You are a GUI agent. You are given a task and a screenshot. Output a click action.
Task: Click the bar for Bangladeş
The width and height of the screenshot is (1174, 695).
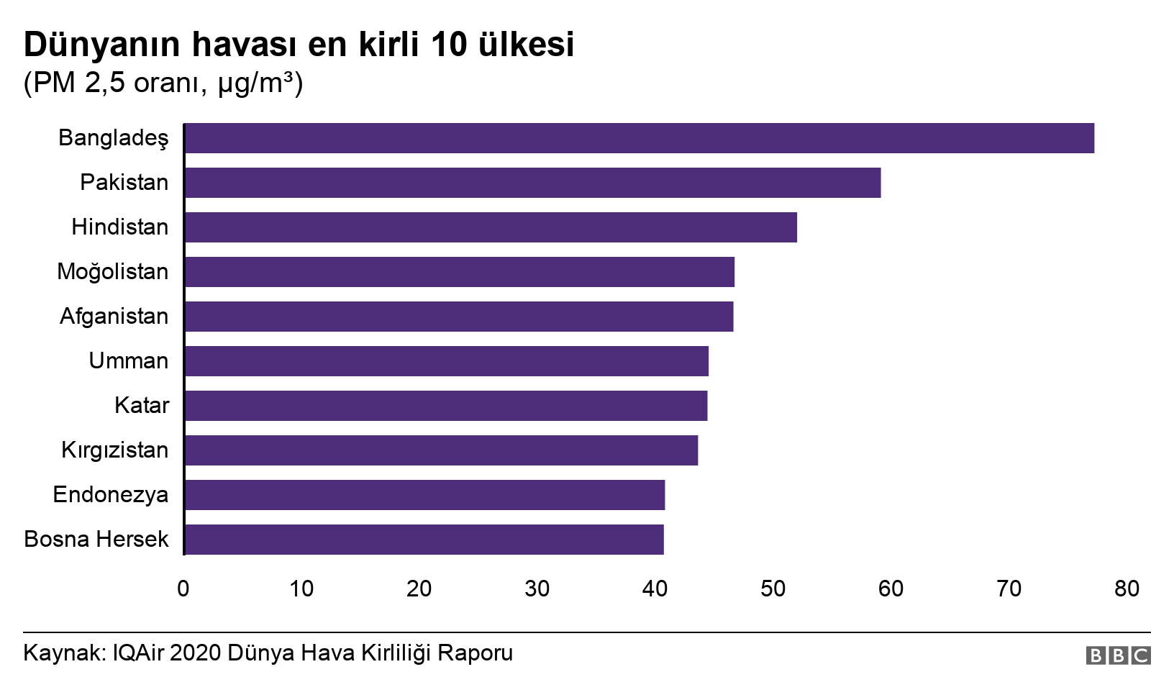point(639,138)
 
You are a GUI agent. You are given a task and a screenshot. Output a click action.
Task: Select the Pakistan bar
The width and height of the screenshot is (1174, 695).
point(532,183)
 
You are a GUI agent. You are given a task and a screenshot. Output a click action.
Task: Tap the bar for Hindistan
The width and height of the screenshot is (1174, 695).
point(491,227)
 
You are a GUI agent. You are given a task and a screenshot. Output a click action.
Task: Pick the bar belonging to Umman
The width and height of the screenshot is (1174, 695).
point(446,361)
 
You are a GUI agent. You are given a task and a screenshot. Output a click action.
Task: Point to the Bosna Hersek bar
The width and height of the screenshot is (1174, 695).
point(424,540)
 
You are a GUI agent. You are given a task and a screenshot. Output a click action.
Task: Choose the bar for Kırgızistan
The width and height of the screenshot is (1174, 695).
point(441,450)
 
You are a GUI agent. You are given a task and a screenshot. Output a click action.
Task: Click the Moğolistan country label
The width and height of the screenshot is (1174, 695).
point(113,272)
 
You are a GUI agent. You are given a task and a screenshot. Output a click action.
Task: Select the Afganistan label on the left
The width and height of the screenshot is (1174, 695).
point(114,317)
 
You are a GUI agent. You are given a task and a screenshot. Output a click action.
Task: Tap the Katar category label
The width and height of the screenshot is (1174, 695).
point(142,406)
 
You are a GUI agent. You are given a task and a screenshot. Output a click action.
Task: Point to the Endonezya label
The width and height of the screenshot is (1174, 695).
point(111,495)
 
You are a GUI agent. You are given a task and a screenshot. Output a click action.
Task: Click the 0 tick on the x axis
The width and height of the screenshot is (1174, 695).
point(183,589)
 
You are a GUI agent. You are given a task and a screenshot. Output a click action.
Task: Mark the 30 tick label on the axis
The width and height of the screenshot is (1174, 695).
point(537,589)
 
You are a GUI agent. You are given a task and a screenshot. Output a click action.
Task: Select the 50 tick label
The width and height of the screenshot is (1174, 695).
point(773,589)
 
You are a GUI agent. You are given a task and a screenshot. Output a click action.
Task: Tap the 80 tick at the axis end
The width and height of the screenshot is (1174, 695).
point(1127,589)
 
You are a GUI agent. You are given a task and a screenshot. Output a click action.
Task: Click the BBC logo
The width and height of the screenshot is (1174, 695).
point(1118,655)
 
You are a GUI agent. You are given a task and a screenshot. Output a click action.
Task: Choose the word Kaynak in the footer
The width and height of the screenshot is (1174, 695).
point(64,653)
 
